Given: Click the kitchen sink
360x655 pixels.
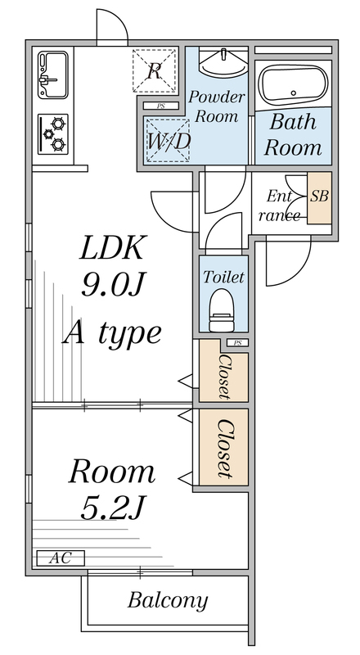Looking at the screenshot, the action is pyautogui.click(x=53, y=75).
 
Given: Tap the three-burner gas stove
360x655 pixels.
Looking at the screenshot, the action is pyautogui.click(x=53, y=133).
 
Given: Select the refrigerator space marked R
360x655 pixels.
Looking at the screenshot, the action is pyautogui.click(x=155, y=70).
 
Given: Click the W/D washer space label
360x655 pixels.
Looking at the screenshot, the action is pyautogui.click(x=169, y=141).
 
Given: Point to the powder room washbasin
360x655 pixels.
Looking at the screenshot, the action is pyautogui.click(x=223, y=62).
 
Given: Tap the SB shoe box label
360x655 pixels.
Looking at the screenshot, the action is pyautogui.click(x=319, y=196).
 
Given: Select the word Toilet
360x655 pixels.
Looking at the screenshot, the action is pyautogui.click(x=223, y=277).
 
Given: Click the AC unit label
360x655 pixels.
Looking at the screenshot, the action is pyautogui.click(x=61, y=558).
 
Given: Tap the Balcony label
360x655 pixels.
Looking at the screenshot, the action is pyautogui.click(x=168, y=601).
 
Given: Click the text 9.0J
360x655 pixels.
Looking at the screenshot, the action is pyautogui.click(x=113, y=286).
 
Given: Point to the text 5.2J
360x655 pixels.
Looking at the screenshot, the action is pyautogui.click(x=112, y=507).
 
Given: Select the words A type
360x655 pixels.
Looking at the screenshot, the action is pyautogui.click(x=112, y=332).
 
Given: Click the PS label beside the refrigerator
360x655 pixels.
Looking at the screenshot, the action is pyautogui.click(x=161, y=106).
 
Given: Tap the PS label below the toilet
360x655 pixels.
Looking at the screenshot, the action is pyautogui.click(x=237, y=343).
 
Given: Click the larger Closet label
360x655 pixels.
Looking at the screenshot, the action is pyautogui.click(x=225, y=448).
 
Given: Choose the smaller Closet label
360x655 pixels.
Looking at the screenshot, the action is pyautogui.click(x=225, y=377).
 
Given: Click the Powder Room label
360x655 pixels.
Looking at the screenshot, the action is pyautogui.click(x=216, y=106).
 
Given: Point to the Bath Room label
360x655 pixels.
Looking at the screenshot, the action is pyautogui.click(x=293, y=134).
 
